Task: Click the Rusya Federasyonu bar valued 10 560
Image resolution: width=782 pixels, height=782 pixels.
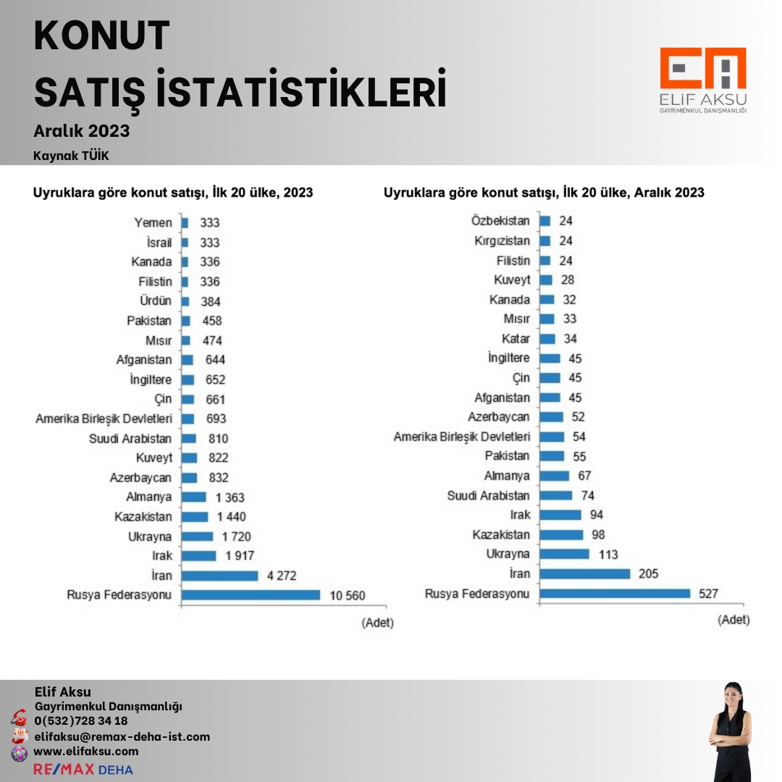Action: [251, 595]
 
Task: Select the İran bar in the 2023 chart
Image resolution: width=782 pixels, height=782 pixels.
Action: [219, 576]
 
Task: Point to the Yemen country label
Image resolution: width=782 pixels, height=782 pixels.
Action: [154, 223]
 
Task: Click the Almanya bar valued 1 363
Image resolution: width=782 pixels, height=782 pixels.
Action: [194, 497]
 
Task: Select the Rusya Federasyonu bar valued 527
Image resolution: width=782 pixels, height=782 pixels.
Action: [615, 594]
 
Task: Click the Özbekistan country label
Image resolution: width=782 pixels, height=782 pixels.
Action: [500, 221]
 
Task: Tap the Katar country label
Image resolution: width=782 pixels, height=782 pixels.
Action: [516, 338]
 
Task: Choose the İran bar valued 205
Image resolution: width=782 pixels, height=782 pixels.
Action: [584, 573]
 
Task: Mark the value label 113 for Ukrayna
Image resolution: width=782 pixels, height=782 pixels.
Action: [606, 555]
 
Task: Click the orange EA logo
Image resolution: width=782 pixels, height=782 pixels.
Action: [703, 70]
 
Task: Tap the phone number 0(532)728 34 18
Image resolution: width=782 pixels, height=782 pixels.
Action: [81, 720]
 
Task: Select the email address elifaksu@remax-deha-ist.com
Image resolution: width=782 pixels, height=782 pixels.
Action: [122, 736]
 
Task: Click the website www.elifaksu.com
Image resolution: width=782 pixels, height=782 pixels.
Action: [86, 751]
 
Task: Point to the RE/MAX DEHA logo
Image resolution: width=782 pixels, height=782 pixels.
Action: [83, 769]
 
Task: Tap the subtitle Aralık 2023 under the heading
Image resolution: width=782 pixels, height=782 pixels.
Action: [82, 131]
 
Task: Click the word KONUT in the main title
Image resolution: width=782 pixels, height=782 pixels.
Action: [102, 36]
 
